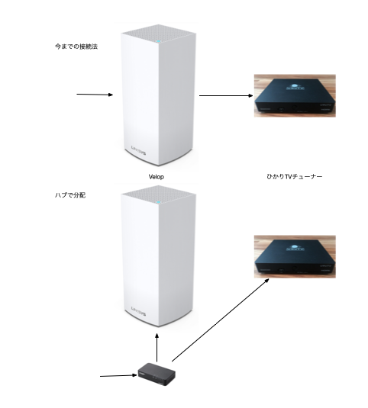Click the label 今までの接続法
76,47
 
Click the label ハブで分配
70,195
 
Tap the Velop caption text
157,177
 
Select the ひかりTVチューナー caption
294,177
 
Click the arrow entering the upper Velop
95,95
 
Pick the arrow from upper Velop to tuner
226,95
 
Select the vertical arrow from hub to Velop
157,348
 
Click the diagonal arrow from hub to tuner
221,320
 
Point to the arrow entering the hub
118,375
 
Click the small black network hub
157,374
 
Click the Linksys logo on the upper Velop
138,150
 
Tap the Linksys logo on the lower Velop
138,311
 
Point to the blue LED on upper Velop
158,41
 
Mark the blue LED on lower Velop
158,202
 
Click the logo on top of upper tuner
295,87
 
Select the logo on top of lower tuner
295,247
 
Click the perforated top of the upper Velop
158,34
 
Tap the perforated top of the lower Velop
158,194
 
